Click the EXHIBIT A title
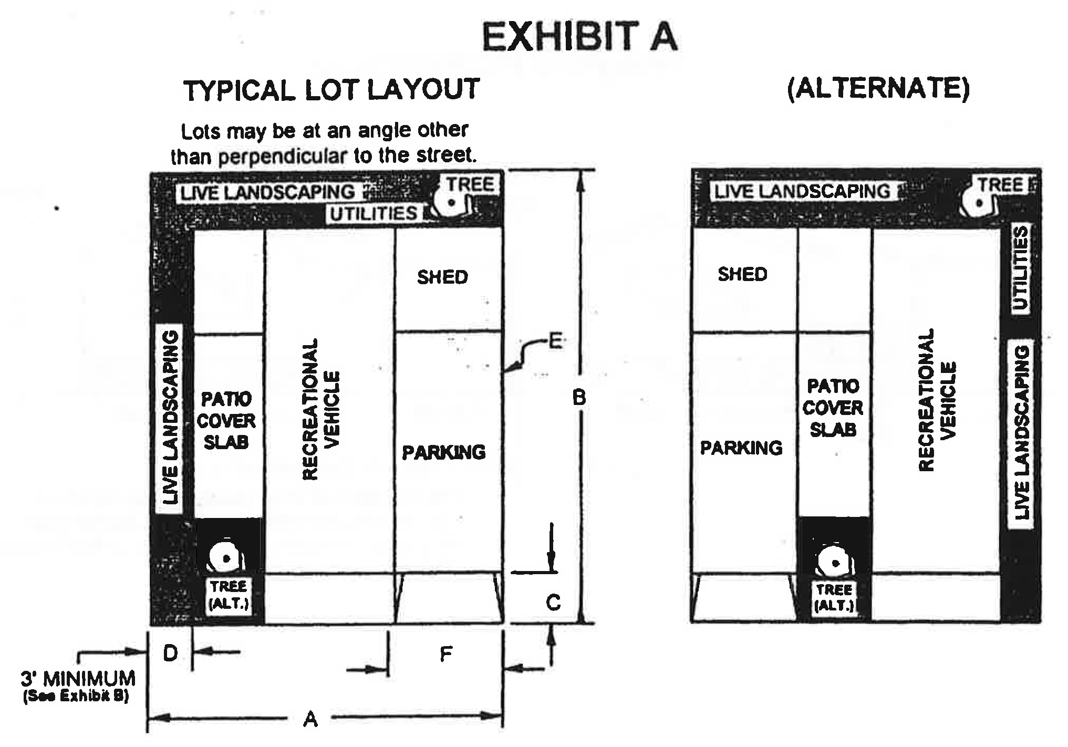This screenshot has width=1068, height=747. point(580,37)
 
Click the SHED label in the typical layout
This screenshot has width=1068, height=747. point(442,277)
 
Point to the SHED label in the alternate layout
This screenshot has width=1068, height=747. point(742,274)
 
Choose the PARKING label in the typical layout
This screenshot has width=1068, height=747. point(444,452)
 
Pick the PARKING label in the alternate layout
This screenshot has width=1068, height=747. point(741,448)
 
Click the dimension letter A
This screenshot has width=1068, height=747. point(310,719)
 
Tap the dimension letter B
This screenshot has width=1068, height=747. point(579,398)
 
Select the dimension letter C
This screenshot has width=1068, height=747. point(553,602)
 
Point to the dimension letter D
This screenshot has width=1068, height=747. point(170,653)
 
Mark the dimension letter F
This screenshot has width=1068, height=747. point(445,655)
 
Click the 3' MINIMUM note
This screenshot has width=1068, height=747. point(78,679)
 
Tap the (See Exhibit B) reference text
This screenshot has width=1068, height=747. point(76,698)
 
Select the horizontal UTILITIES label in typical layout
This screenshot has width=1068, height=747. point(374,214)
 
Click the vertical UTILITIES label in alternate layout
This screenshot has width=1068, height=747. point(1020,269)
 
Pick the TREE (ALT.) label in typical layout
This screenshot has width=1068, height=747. point(229,595)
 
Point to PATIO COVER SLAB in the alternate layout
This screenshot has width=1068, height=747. point(833,408)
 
